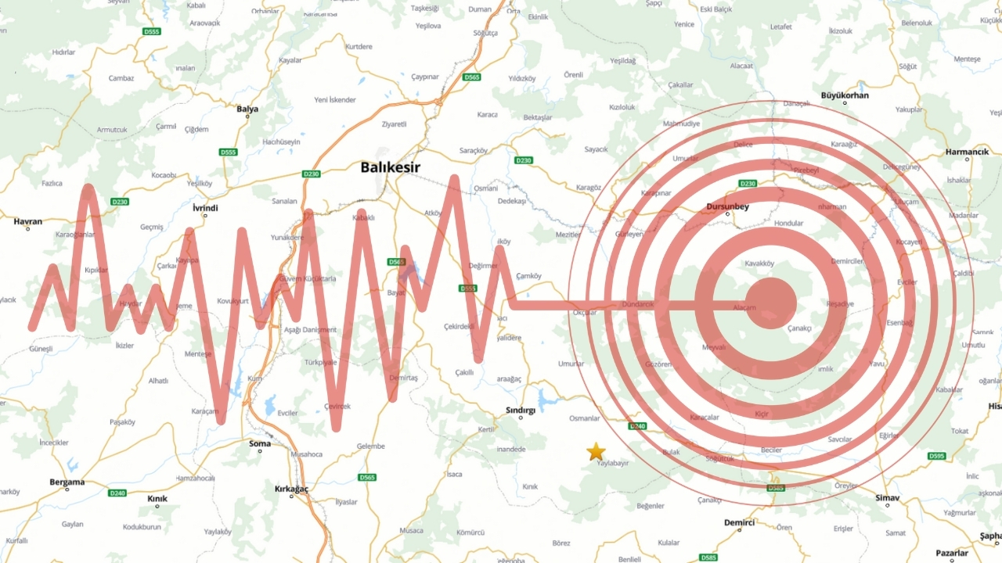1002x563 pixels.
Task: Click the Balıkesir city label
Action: (x=391, y=167)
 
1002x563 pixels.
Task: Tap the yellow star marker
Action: (x=597, y=451)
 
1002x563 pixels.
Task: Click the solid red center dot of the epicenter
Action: (x=770, y=303)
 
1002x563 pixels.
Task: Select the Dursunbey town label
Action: (x=728, y=207)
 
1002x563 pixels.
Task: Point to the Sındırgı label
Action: (x=521, y=410)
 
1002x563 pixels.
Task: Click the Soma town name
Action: (x=259, y=444)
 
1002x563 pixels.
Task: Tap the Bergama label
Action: (x=67, y=482)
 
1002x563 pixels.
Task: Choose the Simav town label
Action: (x=888, y=498)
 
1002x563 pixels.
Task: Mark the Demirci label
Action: (x=739, y=522)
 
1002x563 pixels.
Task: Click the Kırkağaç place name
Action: (x=292, y=489)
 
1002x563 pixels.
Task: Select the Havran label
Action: (x=28, y=221)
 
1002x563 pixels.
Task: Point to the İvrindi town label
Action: (x=205, y=208)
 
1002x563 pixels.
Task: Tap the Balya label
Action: (x=247, y=109)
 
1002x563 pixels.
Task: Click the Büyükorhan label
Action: (x=845, y=95)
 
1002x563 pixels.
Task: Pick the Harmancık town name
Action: (x=968, y=152)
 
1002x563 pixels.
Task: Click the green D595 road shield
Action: (x=936, y=456)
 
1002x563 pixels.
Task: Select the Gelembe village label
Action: (x=370, y=446)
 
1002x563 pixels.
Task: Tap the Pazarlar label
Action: (x=953, y=554)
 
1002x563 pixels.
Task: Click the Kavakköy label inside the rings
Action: (x=759, y=264)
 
